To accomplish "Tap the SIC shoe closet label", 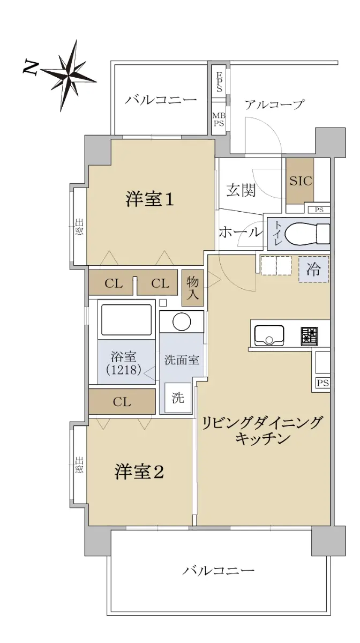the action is click(301, 181).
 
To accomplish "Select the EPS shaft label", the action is click(220, 81).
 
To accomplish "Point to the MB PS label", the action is click(219, 119).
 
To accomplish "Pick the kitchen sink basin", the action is click(269, 335).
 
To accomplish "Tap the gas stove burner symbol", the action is click(310, 336).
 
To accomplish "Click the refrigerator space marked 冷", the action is click(313, 269).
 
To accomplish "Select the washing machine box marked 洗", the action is click(178, 398).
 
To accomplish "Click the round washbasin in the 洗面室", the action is click(182, 322).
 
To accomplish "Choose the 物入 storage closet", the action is click(193, 288).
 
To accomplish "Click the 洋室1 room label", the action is click(150, 200).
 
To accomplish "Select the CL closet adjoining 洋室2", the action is click(122, 401).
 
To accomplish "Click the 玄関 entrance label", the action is click(241, 190).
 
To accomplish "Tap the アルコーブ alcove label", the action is click(274, 104).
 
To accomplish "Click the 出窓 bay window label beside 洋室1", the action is click(79, 227).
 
